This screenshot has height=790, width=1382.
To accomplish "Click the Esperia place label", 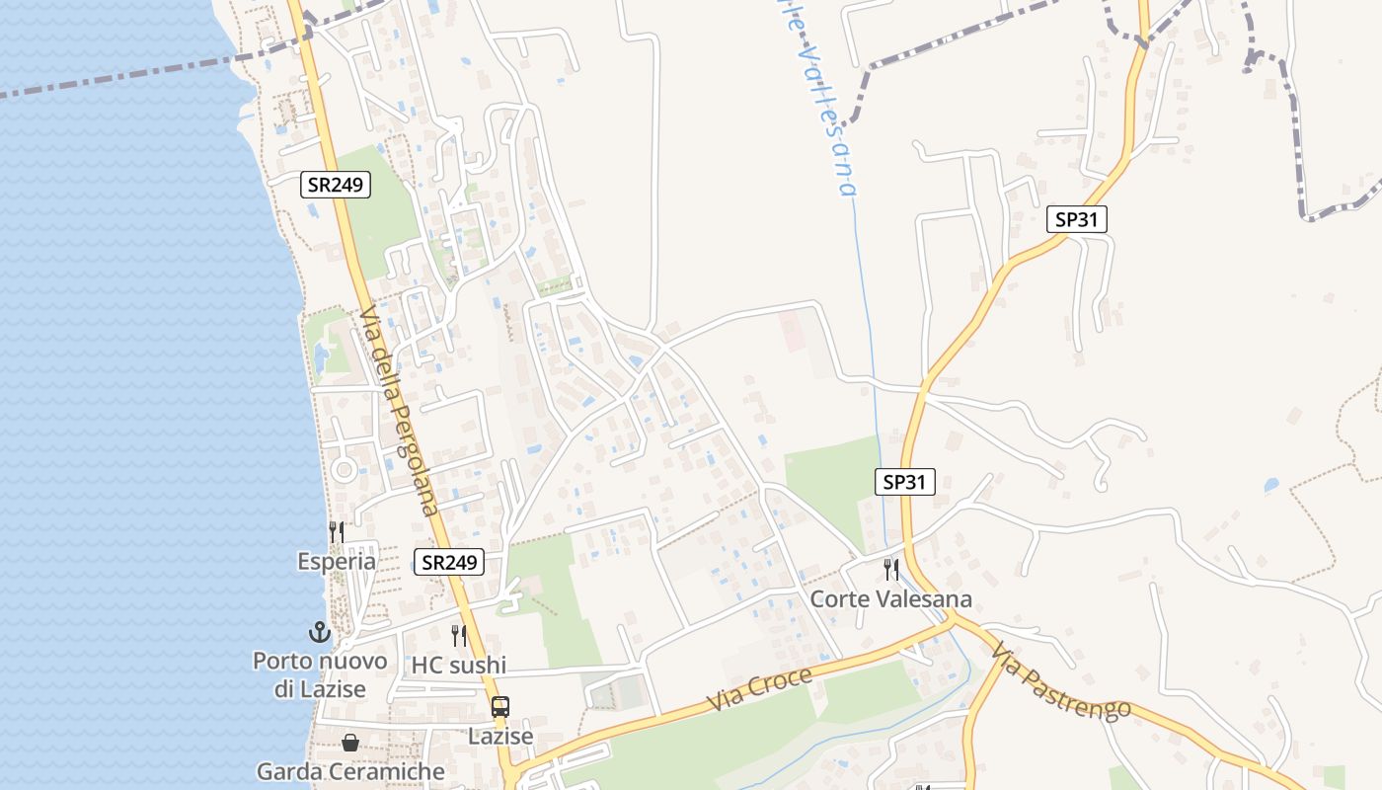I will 337,562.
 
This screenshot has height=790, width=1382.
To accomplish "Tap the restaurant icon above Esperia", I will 337,533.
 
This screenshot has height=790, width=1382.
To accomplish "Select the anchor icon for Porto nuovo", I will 319,632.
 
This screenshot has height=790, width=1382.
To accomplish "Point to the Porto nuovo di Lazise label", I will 320,675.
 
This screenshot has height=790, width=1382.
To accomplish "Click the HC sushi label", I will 459,666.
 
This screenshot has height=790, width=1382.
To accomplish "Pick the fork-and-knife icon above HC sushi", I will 459,635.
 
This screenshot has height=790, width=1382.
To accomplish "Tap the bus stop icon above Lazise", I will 500,707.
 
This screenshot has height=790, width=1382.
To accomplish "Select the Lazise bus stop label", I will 500,737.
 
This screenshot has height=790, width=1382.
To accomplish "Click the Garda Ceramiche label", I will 350,771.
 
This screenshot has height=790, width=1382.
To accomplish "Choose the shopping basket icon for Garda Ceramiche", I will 350,743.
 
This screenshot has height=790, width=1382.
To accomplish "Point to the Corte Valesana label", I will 890,599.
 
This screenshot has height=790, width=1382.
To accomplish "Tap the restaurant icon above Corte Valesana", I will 890,570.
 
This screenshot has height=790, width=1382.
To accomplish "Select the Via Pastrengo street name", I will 1061,682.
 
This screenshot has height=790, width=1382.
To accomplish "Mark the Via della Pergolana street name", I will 399,411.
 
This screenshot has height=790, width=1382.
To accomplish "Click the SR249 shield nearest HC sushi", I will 449,563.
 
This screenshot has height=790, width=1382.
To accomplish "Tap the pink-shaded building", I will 792,330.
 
